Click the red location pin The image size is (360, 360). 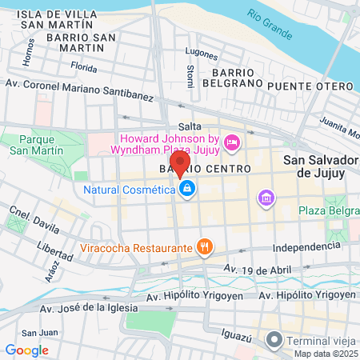coord(181,164)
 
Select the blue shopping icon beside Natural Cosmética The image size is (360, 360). coord(186,190)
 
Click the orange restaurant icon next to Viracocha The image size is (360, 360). coord(205,247)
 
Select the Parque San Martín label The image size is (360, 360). coord(30,143)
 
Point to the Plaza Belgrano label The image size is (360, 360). coord(327,210)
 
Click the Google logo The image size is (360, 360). coord(26,350)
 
